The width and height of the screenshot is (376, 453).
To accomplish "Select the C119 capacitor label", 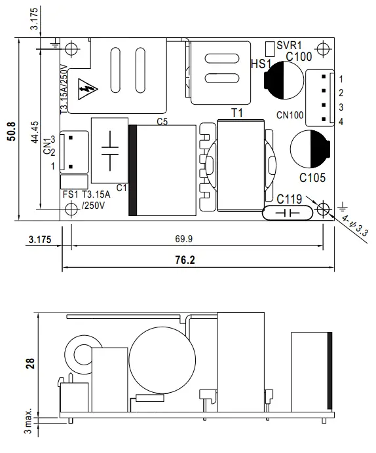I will [289, 198].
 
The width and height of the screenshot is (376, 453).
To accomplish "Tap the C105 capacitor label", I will [312, 177].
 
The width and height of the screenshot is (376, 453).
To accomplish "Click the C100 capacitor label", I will [299, 57].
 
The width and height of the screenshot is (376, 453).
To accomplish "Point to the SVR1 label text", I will [289, 46].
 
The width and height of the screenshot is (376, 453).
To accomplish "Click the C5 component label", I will [162, 121].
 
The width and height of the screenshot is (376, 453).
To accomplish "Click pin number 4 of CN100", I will [341, 122].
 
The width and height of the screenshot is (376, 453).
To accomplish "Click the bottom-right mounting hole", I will [322, 209].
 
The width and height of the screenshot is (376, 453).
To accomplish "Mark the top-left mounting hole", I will [71, 48].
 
